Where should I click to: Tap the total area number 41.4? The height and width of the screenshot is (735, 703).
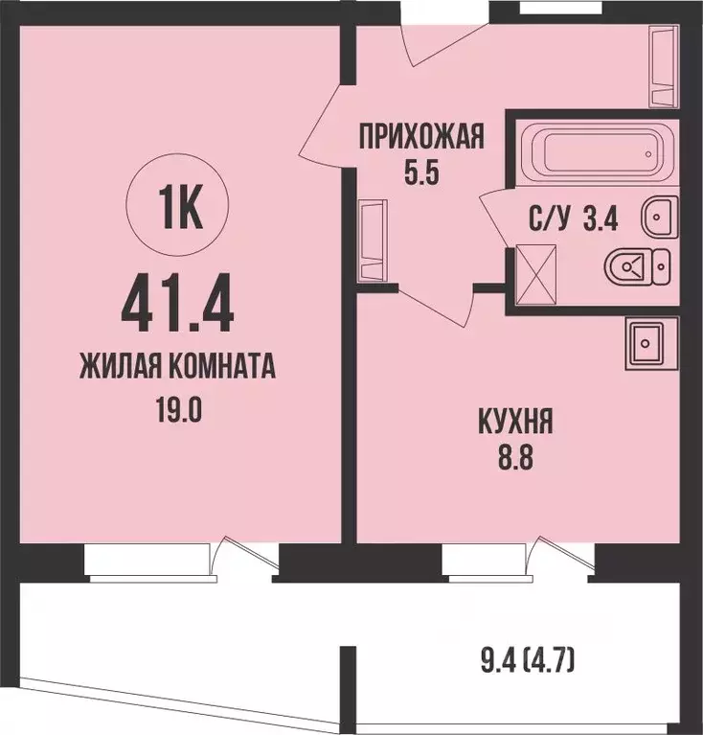(x=178, y=300)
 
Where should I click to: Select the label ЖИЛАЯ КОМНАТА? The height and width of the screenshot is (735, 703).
(x=178, y=367)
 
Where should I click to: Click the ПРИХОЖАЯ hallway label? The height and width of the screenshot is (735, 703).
(x=421, y=138)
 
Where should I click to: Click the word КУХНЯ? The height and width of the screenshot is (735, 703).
(x=515, y=421)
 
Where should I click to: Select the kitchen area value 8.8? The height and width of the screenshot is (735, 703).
(x=515, y=457)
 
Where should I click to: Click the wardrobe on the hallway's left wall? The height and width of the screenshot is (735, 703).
(x=372, y=241)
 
